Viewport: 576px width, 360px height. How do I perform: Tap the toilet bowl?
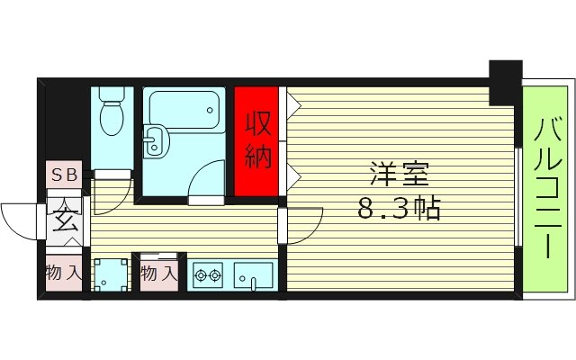pyautogui.click(x=113, y=119)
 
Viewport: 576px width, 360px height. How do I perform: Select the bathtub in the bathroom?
pyautogui.click(x=184, y=110)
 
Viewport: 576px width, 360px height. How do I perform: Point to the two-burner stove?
pyautogui.click(x=208, y=274)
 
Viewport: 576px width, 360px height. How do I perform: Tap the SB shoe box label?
pyautogui.click(x=63, y=175)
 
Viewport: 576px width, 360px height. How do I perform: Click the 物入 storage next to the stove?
pyautogui.click(x=158, y=273)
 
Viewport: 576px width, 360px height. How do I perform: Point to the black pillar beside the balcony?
pyautogui.click(x=505, y=82)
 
